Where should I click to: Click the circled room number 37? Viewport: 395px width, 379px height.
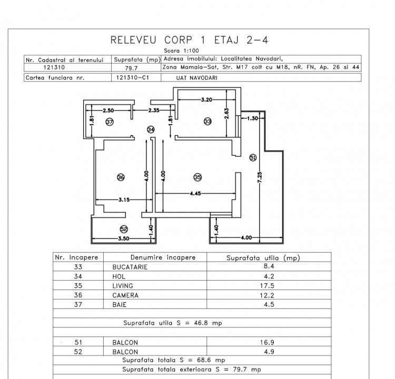pos(110,122)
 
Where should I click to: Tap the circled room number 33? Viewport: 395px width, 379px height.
pos(208,122)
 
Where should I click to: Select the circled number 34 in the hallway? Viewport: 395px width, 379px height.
pos(151,129)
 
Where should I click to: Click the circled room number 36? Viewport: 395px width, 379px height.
pos(121,177)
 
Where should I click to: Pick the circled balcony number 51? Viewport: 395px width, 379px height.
pos(253,157)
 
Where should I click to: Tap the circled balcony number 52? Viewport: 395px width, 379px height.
pos(124,229)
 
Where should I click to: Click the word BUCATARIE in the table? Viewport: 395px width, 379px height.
pos(130,267)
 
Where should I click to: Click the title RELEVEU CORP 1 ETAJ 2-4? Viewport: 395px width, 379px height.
pos(193,41)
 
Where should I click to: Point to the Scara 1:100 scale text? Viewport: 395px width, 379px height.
pos(193,51)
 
